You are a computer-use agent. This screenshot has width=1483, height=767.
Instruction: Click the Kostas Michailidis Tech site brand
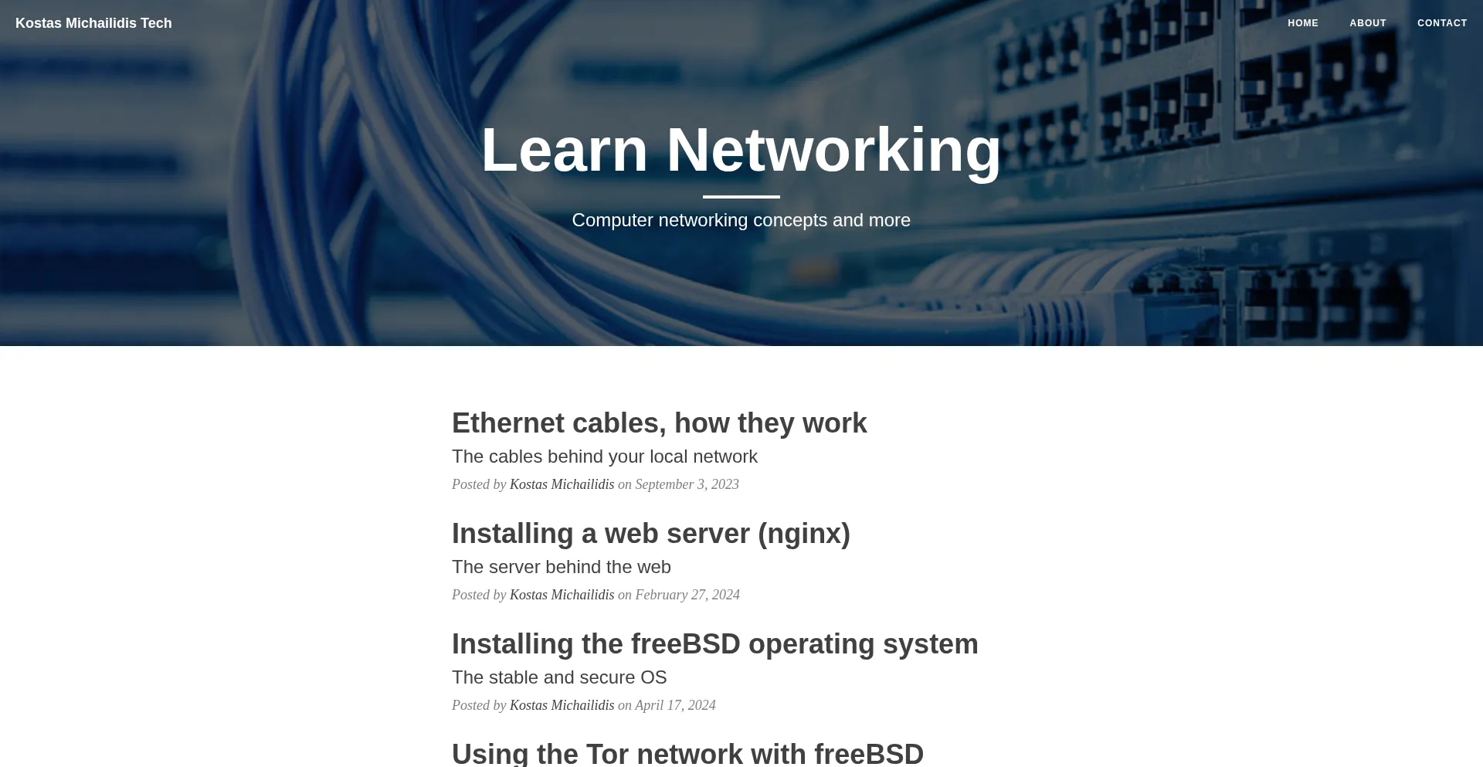pyautogui.click(x=93, y=23)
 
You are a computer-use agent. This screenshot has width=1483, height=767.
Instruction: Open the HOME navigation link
pyautogui.click(x=1303, y=23)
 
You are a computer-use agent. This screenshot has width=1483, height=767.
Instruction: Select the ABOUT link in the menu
pyautogui.click(x=1368, y=23)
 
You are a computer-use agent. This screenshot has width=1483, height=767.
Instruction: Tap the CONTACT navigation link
pyautogui.click(x=1442, y=23)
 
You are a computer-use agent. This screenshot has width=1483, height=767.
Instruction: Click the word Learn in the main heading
pyautogui.click(x=565, y=150)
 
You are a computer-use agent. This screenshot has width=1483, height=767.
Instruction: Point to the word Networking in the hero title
pyautogui.click(x=833, y=150)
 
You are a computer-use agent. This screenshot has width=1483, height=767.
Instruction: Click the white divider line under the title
pyautogui.click(x=741, y=197)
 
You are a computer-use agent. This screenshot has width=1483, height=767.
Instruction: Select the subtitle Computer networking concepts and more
pyautogui.click(x=741, y=220)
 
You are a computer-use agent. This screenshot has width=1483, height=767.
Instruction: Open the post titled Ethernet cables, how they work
pyautogui.click(x=660, y=423)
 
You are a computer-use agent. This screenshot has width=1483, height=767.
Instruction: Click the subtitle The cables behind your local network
pyautogui.click(x=605, y=456)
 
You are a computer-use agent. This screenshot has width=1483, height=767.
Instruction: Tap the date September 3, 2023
pyautogui.click(x=687, y=484)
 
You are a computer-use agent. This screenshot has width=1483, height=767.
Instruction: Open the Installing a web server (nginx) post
pyautogui.click(x=651, y=534)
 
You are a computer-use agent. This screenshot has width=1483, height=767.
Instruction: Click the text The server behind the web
pyautogui.click(x=562, y=567)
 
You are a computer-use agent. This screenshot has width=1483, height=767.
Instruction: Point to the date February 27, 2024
pyautogui.click(x=687, y=595)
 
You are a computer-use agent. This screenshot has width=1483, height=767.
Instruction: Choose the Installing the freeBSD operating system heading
pyautogui.click(x=715, y=644)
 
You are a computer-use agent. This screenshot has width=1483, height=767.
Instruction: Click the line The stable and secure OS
pyautogui.click(x=559, y=677)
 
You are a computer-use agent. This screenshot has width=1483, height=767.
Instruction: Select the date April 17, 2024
pyautogui.click(x=675, y=705)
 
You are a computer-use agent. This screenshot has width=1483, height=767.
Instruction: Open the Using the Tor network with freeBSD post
pyautogui.click(x=687, y=754)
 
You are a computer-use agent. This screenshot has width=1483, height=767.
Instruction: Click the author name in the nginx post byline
pyautogui.click(x=562, y=595)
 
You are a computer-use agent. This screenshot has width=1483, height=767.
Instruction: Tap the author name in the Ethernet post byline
pyautogui.click(x=562, y=484)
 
